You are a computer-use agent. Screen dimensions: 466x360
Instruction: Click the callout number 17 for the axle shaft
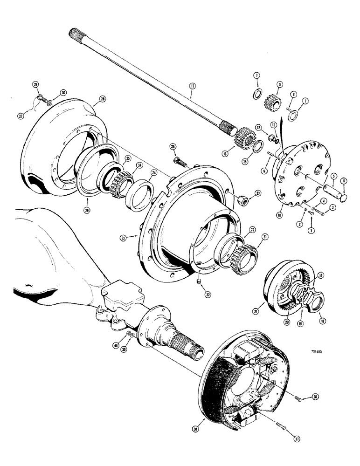(x=192, y=86)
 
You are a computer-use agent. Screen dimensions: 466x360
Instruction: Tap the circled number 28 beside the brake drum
(x=103, y=99)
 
